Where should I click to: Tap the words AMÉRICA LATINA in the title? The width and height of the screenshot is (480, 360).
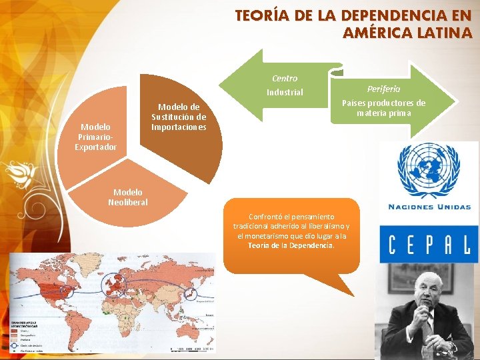point(407,33)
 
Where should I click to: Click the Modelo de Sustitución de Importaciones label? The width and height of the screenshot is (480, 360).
point(179,117)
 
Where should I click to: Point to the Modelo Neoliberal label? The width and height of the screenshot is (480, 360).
point(127,197)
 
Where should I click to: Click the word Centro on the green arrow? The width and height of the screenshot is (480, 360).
point(285,79)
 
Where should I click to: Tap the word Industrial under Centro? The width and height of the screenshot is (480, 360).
point(285,92)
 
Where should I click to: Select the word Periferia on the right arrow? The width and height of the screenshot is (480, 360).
point(383,89)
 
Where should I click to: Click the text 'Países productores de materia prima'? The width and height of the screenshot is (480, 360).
point(383,108)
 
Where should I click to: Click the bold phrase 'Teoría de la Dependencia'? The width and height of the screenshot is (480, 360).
point(291,245)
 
